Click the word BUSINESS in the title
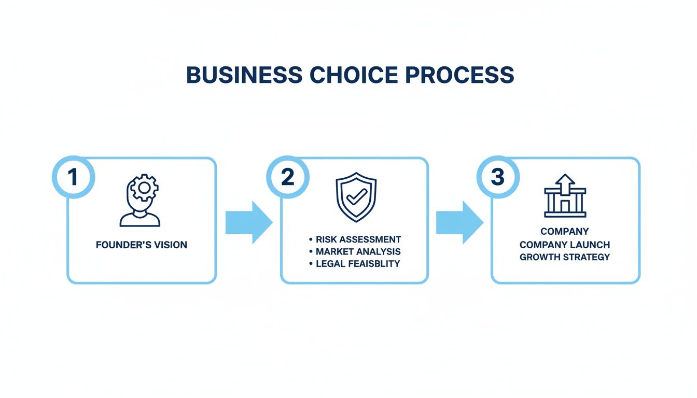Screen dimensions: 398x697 [x=244, y=75]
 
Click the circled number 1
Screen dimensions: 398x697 [x=73, y=177]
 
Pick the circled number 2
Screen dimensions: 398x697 [x=287, y=177]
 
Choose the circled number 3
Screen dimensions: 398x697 [x=497, y=177]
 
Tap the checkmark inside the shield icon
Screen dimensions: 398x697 [x=356, y=197]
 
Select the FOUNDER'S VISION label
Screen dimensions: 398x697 [x=141, y=245]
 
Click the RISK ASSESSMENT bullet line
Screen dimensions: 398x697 [x=358, y=239]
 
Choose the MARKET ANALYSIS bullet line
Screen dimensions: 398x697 [x=358, y=251]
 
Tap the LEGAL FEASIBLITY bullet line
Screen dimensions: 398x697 [x=358, y=263]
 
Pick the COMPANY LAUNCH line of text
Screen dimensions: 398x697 [x=565, y=244]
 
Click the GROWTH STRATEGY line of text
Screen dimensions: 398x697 [x=565, y=257]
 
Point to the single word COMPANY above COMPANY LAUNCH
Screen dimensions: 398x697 [x=565, y=232]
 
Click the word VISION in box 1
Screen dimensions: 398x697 [x=169, y=245]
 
